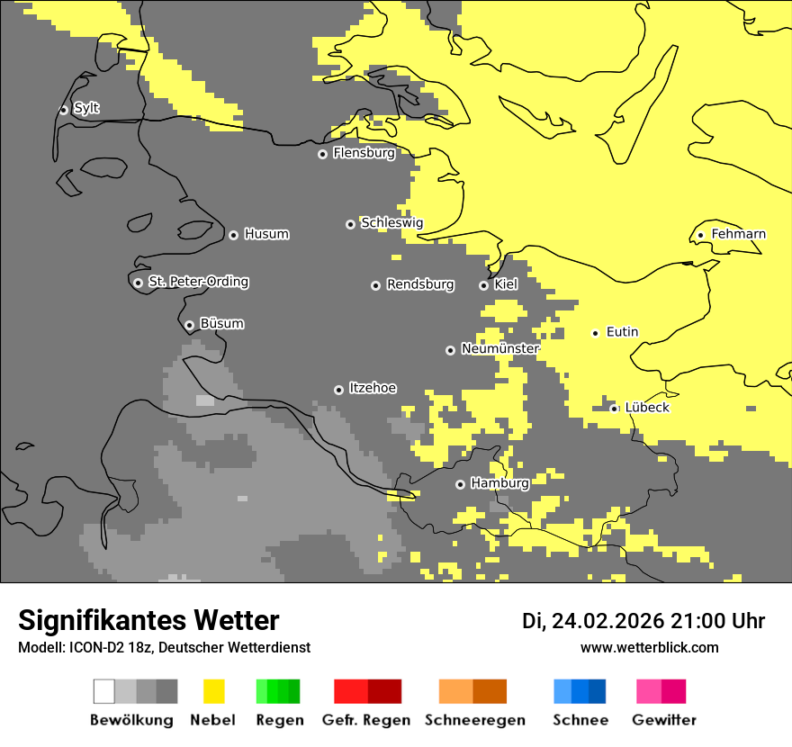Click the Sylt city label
point(86,109)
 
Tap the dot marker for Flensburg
point(322,154)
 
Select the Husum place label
point(266,234)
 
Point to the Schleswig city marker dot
point(350,224)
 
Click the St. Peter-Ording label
point(198,282)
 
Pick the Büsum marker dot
point(189,325)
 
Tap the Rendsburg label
point(420,284)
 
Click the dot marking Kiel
point(483,285)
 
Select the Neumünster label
point(499,348)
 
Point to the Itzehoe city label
point(373,388)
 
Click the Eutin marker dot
point(595,333)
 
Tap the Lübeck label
point(647,408)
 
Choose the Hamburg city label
point(499,483)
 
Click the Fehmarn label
point(738,234)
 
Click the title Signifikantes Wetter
point(148,620)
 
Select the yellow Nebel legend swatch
point(213,691)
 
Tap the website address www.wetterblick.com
point(649,647)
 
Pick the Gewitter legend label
point(663,720)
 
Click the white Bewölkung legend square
point(103,691)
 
